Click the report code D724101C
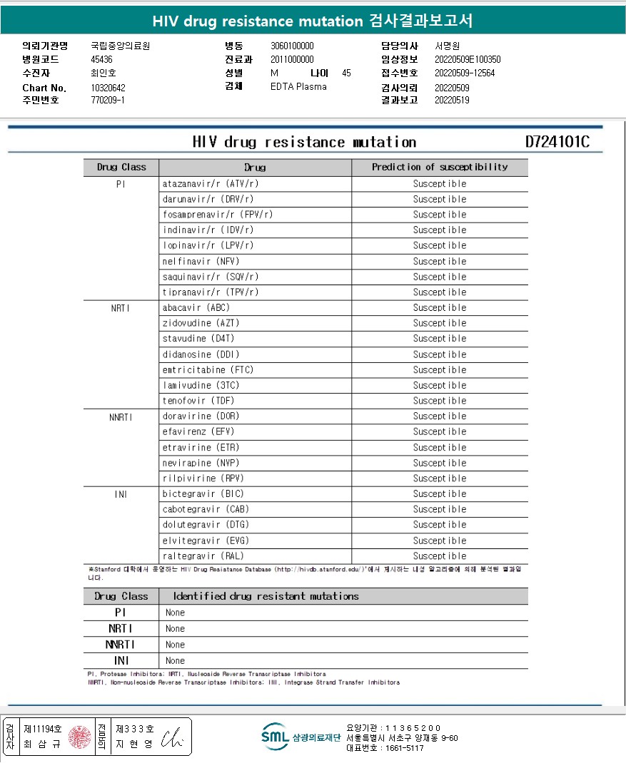point(557,142)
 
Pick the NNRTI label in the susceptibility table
point(121,416)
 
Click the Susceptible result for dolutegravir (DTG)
point(439,525)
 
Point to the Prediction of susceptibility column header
point(439,168)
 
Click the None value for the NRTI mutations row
point(175,629)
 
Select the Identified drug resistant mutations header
point(266,596)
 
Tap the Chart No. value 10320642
point(108,88)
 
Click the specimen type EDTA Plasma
point(298,87)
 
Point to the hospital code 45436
point(102,59)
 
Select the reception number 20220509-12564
point(465,73)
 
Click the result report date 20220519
point(452,101)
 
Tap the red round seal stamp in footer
point(80,737)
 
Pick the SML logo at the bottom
point(275,737)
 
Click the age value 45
point(346,73)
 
